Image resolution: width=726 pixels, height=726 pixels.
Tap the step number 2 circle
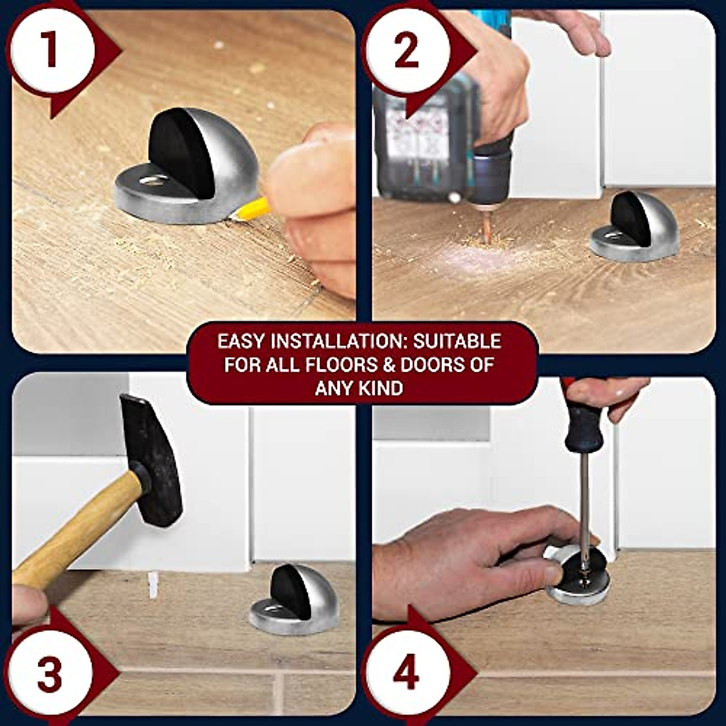coord(407,50)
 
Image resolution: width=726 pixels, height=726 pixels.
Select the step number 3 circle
coord(50,674)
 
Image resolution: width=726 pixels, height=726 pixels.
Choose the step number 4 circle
coord(407,674)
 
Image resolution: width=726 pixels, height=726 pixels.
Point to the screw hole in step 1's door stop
coord(156,180)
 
